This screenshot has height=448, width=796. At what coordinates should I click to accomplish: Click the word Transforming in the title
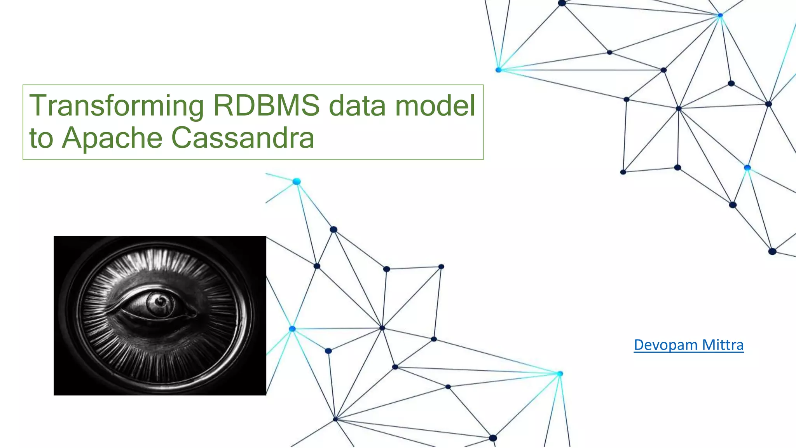coord(116,106)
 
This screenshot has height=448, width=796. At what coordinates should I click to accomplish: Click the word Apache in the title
coord(112,138)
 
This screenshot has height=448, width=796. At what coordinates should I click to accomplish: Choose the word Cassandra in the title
coord(243,138)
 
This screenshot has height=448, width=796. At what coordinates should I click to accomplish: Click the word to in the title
coord(41,138)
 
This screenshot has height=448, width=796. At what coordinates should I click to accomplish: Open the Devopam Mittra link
coord(688,345)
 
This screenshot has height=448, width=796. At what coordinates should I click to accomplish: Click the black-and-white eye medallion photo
coord(160,315)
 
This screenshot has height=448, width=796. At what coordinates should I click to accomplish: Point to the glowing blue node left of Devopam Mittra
coord(560,374)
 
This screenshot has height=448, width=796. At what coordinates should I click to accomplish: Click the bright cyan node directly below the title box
coord(297,182)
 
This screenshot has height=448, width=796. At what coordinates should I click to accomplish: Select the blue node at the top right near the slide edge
coord(720,16)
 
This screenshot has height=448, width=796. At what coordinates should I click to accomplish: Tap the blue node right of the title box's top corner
coord(499,70)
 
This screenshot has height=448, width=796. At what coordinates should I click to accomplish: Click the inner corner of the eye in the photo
coord(192,311)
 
